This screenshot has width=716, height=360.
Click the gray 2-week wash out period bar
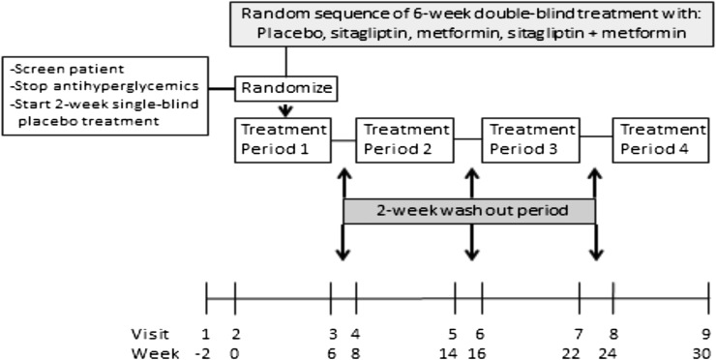(468, 210)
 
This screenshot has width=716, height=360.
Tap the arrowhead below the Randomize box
(285, 110)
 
